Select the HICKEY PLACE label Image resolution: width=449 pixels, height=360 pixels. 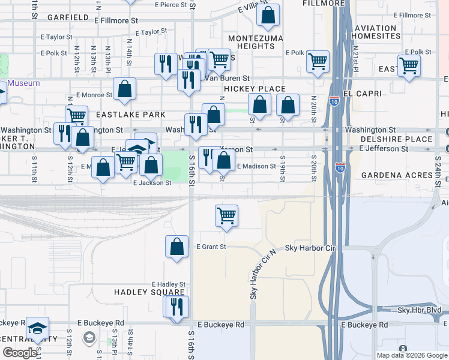point(255,89)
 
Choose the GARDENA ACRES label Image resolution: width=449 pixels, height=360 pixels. point(397,175)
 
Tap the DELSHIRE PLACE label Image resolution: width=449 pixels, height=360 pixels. point(396,139)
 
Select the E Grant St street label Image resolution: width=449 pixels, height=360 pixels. point(211,247)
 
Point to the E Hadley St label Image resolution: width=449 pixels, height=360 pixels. point(168,284)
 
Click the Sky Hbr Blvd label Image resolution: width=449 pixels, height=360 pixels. point(419,310)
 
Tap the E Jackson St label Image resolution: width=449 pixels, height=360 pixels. point(152,183)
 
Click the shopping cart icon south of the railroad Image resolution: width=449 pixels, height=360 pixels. point(226,215)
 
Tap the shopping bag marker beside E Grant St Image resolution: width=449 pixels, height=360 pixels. point(177,247)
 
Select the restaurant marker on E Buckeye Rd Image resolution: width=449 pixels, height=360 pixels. point(176,306)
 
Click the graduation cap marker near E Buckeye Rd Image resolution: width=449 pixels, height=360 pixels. point(37,328)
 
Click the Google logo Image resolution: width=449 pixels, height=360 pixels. point(20,353)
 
